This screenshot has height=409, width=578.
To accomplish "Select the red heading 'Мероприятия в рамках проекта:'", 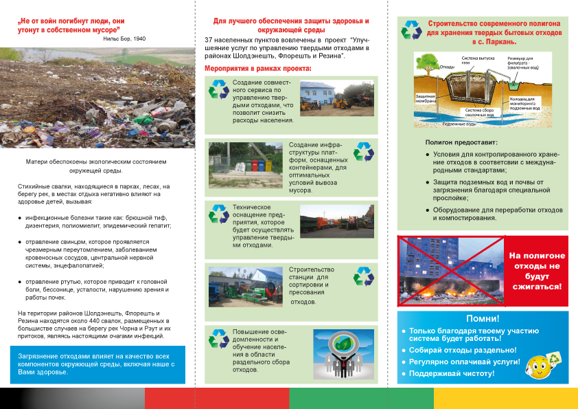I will point(258,69).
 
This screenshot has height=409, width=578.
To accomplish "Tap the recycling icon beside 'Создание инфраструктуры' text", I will point(363,151).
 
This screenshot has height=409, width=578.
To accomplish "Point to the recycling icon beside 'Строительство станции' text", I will point(363,276).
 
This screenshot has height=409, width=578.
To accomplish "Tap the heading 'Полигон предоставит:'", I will point(451,141).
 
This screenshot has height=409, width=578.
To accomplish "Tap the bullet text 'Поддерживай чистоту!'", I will point(452,373).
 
